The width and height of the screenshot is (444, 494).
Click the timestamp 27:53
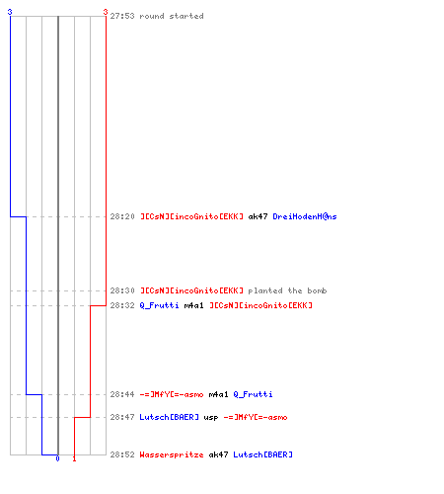point(122,16)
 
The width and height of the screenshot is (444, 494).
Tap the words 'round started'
point(172,16)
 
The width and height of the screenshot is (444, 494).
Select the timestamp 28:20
point(122,216)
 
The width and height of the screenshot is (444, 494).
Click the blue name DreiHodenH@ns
point(305,216)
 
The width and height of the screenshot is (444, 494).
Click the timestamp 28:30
point(122,290)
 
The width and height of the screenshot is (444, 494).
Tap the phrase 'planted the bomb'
point(287,290)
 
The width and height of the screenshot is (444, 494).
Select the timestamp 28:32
point(122,305)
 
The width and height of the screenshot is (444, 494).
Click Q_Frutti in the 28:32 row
point(160,305)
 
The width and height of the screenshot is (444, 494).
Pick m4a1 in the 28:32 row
point(194,305)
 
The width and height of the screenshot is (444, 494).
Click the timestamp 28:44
point(122,394)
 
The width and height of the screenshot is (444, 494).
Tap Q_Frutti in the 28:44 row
point(254,394)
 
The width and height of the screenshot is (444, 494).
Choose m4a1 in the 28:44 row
point(219,394)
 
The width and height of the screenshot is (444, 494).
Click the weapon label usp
point(211,418)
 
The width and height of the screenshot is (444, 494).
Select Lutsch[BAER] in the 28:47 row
point(170,417)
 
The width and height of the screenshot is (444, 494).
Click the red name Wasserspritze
point(172,454)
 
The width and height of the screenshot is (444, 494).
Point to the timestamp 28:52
point(122,454)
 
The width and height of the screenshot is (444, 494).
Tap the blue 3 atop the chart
point(10,12)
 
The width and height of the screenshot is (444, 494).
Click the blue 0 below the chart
point(58,458)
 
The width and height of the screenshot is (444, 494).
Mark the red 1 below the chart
point(74,458)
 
